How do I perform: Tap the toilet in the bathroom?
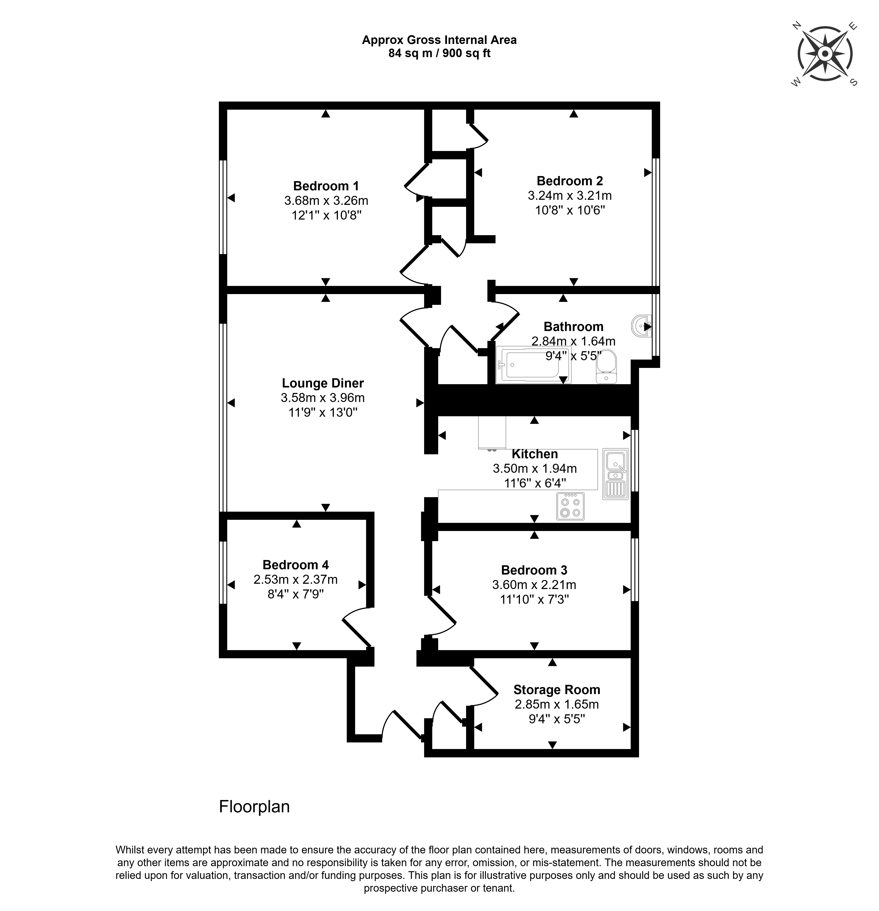(607, 367)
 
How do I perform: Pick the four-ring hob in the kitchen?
(570, 506)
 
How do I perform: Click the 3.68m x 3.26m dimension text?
(326, 201)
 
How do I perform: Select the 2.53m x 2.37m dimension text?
(296, 580)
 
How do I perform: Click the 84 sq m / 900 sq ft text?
(439, 53)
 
